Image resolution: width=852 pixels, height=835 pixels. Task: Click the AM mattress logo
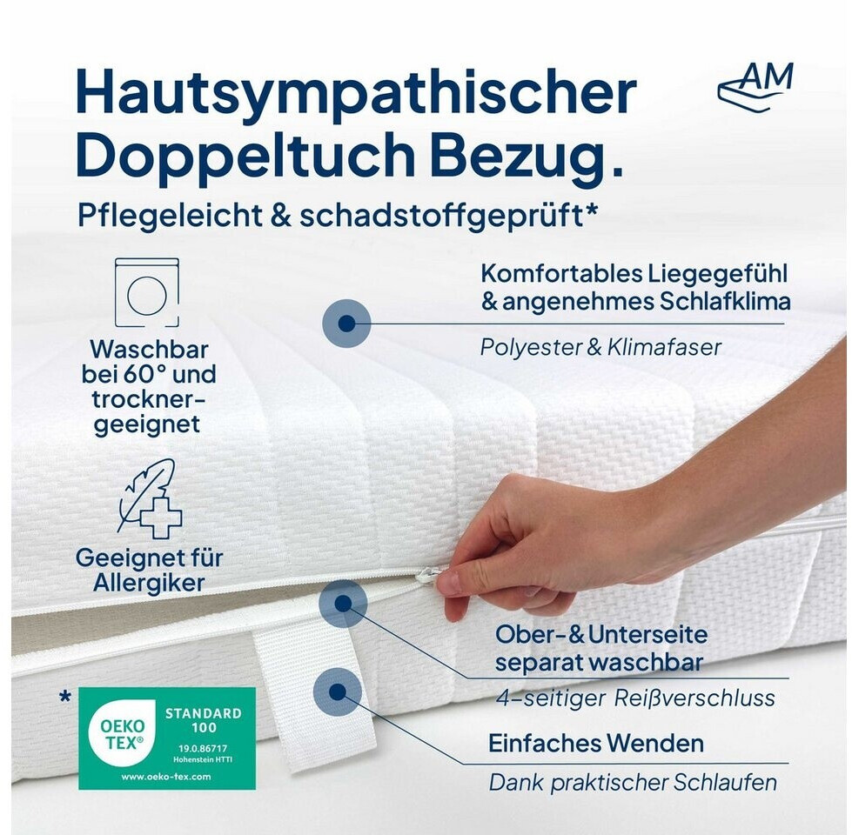[x=755, y=87]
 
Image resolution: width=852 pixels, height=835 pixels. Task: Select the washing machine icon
[x=147, y=292]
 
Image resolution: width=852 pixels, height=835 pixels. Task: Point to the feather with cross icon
[x=150, y=498]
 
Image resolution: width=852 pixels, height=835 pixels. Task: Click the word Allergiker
[x=149, y=583]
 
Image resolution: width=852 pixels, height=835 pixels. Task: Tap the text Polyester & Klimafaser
[x=600, y=347]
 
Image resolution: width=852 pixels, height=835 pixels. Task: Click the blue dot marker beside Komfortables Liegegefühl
[x=346, y=324]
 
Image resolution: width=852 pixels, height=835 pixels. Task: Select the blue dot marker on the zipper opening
[x=343, y=603]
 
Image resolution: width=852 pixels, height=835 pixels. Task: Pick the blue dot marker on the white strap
[x=338, y=691]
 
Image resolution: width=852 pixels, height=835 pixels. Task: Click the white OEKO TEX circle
[x=123, y=735]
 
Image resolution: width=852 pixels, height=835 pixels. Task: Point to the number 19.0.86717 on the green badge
[x=204, y=748]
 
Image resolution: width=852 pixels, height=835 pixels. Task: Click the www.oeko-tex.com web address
[x=165, y=777]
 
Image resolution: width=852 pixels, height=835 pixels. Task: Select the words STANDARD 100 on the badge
[x=204, y=720]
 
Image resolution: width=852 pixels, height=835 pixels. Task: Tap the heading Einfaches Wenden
[x=596, y=744]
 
